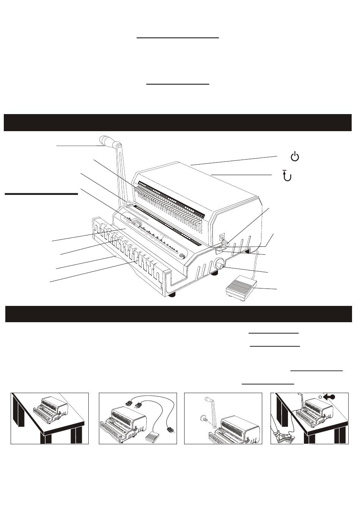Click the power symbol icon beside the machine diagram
coord(295,156)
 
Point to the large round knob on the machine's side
coord(219,264)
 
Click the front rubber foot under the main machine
coord(172,295)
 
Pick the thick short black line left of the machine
coord(41,194)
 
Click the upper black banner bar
coord(178,122)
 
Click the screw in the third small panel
coord(203,418)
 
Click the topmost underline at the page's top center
coord(178,38)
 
